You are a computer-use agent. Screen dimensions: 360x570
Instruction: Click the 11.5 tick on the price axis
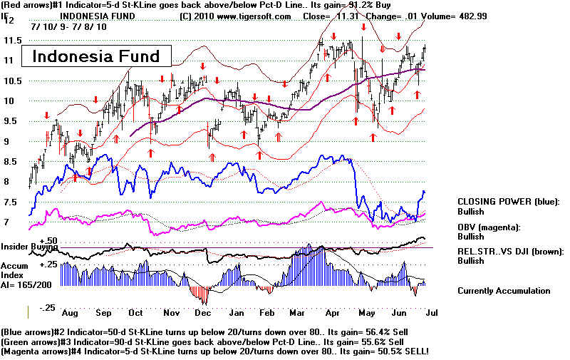tap(11, 39)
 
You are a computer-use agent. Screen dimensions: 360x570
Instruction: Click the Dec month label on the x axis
tap(203, 312)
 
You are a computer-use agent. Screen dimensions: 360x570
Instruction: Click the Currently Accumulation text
tap(504, 291)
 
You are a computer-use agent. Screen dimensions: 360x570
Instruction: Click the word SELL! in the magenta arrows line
tap(414, 351)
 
